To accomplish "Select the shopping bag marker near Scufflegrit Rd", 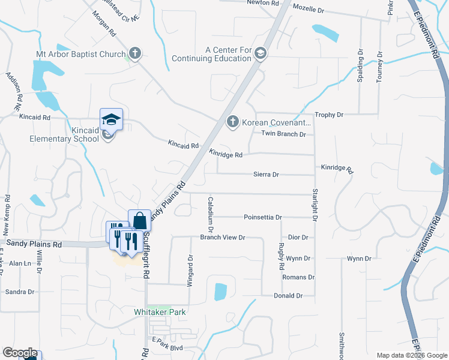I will pos(139,220).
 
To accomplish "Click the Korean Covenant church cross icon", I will pos(233,122).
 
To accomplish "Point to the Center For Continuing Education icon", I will pos(260,53).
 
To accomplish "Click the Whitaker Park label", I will pos(160,312).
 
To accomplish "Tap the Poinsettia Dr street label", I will pos(263,217).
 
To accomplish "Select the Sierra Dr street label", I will pos(267,175).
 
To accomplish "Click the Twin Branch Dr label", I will pos(283,134).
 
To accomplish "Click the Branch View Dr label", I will pos(223,238).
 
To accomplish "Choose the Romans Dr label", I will pos(298,277).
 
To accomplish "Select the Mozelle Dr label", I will pos(308,10).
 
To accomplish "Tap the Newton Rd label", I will pos(263,2).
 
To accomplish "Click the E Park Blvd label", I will pos(167,347).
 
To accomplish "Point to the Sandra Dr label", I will pos(19,292).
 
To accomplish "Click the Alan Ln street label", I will pos(19,263).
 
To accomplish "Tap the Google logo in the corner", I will pos(20,353).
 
